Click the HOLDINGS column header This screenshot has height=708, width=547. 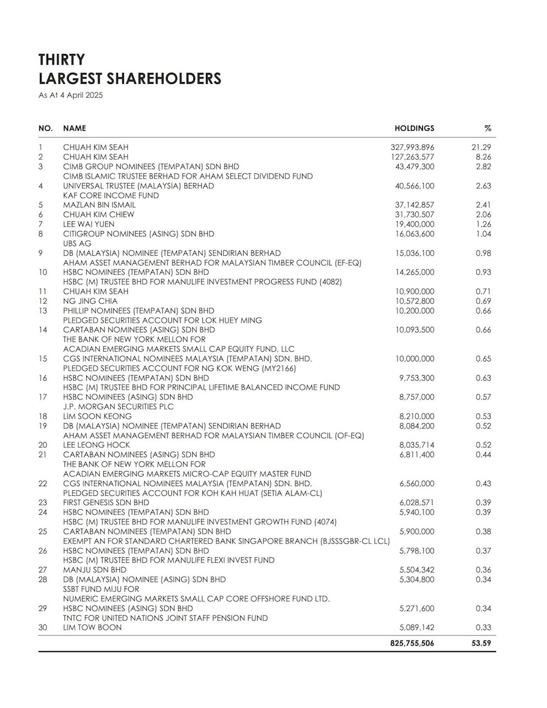click(415, 128)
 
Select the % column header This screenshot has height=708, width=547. click(487, 128)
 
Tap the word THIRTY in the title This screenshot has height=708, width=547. click(61, 60)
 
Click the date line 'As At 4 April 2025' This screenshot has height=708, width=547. click(71, 95)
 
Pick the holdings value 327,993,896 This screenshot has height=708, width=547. click(412, 147)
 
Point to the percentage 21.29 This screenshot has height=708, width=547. click(484, 147)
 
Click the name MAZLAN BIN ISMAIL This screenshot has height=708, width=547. click(99, 205)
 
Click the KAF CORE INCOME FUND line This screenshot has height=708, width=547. click(111, 195)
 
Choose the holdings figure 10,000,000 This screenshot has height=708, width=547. click(415, 359)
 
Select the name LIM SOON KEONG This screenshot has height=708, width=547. click(97, 416)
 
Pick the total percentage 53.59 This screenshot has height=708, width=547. click(483, 642)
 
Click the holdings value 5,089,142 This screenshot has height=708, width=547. click(416, 627)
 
